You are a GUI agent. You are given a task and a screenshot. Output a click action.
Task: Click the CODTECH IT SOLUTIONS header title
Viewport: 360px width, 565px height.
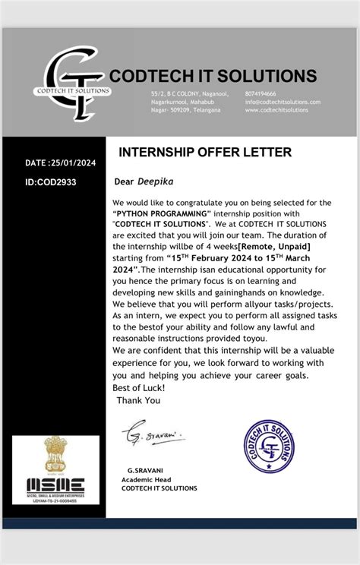[213, 75]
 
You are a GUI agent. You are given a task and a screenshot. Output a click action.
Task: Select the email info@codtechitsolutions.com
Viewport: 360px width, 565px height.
[283, 101]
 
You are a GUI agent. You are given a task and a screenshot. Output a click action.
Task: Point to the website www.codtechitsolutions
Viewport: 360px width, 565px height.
[276, 110]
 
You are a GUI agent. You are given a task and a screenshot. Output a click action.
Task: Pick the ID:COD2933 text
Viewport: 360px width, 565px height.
[51, 182]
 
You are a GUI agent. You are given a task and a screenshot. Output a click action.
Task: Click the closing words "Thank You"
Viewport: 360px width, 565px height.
[138, 399]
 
